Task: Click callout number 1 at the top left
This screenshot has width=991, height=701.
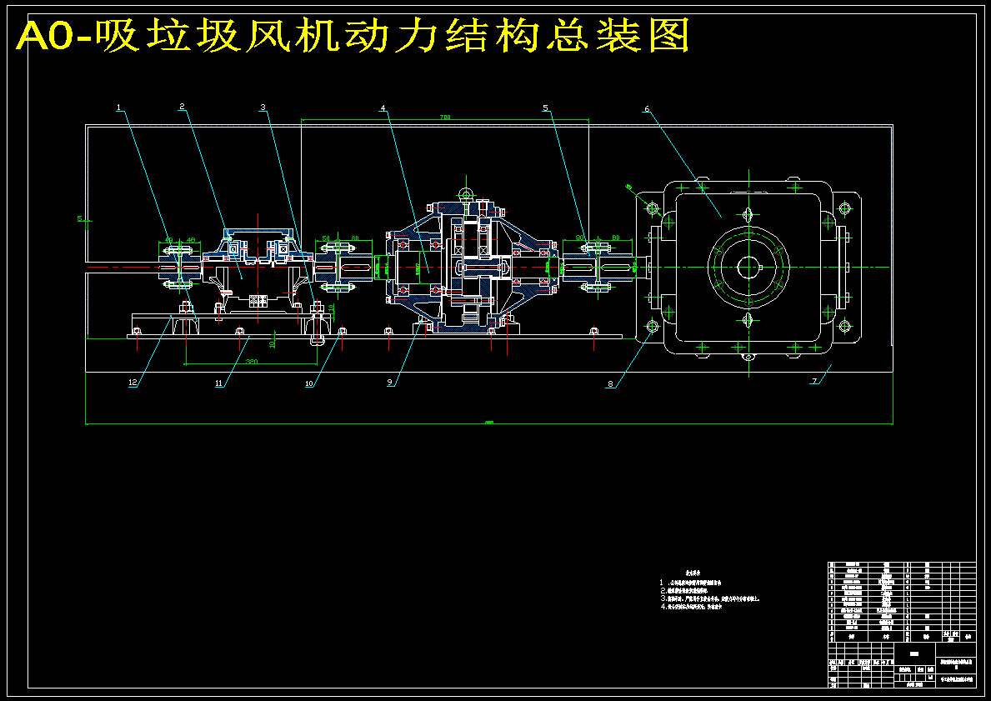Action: pos(118,108)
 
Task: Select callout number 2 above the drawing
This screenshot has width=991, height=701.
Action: pos(182,107)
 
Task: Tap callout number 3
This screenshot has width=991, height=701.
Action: pos(263,108)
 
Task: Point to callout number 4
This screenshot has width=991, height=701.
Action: pos(383,108)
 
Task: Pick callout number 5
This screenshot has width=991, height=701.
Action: pos(545,108)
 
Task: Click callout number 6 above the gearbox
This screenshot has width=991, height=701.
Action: pos(646,108)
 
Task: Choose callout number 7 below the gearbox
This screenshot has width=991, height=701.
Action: pos(815,382)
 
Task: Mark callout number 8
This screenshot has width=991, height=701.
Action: pos(610,384)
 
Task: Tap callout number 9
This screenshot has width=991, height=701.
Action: pos(389,383)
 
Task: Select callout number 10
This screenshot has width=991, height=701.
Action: pos(309,384)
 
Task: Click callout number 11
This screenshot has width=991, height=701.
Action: pos(220,384)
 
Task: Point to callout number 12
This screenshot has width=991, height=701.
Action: pos(132,383)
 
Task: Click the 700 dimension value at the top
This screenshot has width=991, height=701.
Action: pos(444,118)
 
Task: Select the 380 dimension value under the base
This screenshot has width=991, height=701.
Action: pos(251,362)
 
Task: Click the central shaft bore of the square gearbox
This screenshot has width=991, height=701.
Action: pos(748,267)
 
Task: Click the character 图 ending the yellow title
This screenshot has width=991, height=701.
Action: pos(667,36)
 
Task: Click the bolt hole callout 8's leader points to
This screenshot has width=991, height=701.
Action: pos(652,326)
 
